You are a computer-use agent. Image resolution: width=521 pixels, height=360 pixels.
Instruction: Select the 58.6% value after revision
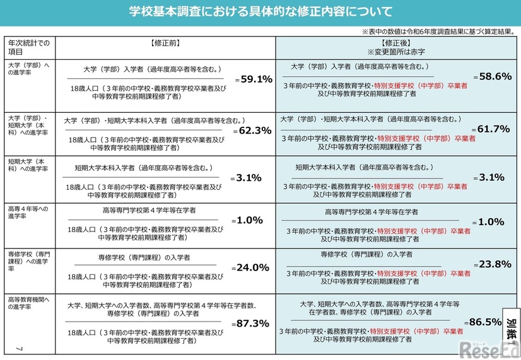[x=495, y=76]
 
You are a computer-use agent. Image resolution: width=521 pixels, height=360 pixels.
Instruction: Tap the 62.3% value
[x=254, y=131]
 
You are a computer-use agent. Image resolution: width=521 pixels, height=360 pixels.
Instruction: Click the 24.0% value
[x=252, y=267]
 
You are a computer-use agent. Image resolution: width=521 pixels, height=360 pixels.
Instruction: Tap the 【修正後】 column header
[x=397, y=42]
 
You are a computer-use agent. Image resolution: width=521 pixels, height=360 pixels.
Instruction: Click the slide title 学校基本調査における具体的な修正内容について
[x=260, y=12]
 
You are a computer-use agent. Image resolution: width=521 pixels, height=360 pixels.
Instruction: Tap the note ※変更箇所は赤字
[x=397, y=51]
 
